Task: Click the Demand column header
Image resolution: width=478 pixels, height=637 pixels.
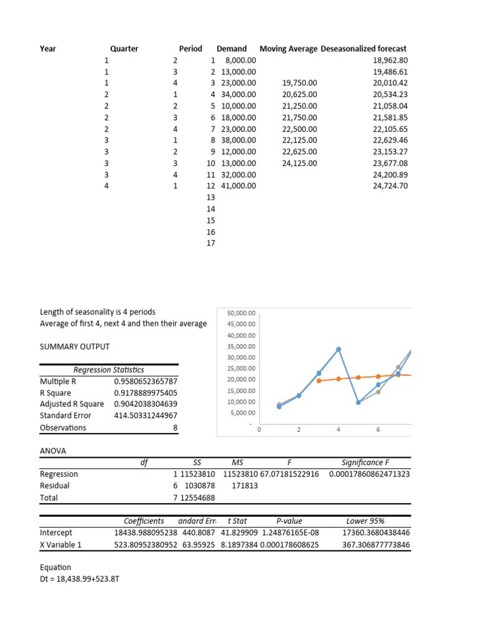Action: coord(232,49)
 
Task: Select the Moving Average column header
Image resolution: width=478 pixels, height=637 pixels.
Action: coord(288,49)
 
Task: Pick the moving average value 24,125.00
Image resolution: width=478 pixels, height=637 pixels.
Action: coord(299,163)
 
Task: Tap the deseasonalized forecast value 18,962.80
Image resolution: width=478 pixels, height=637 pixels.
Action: coord(390,60)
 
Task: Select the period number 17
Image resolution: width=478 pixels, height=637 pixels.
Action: coord(210,243)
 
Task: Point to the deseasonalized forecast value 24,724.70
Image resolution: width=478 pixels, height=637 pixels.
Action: coord(390,186)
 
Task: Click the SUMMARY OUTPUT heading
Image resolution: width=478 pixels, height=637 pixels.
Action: coord(75,346)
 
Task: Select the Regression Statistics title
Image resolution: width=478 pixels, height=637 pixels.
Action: coord(109,370)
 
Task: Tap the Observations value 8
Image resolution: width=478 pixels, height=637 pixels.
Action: coord(175,427)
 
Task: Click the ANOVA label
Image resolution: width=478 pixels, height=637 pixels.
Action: coord(53,450)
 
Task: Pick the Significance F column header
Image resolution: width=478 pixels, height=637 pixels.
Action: coord(366,462)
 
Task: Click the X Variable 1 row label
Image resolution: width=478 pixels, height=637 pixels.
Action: coord(61,544)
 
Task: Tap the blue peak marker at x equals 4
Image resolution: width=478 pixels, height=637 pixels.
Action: coord(339,350)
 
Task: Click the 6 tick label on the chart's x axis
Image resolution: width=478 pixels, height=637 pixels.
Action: coord(378,430)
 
